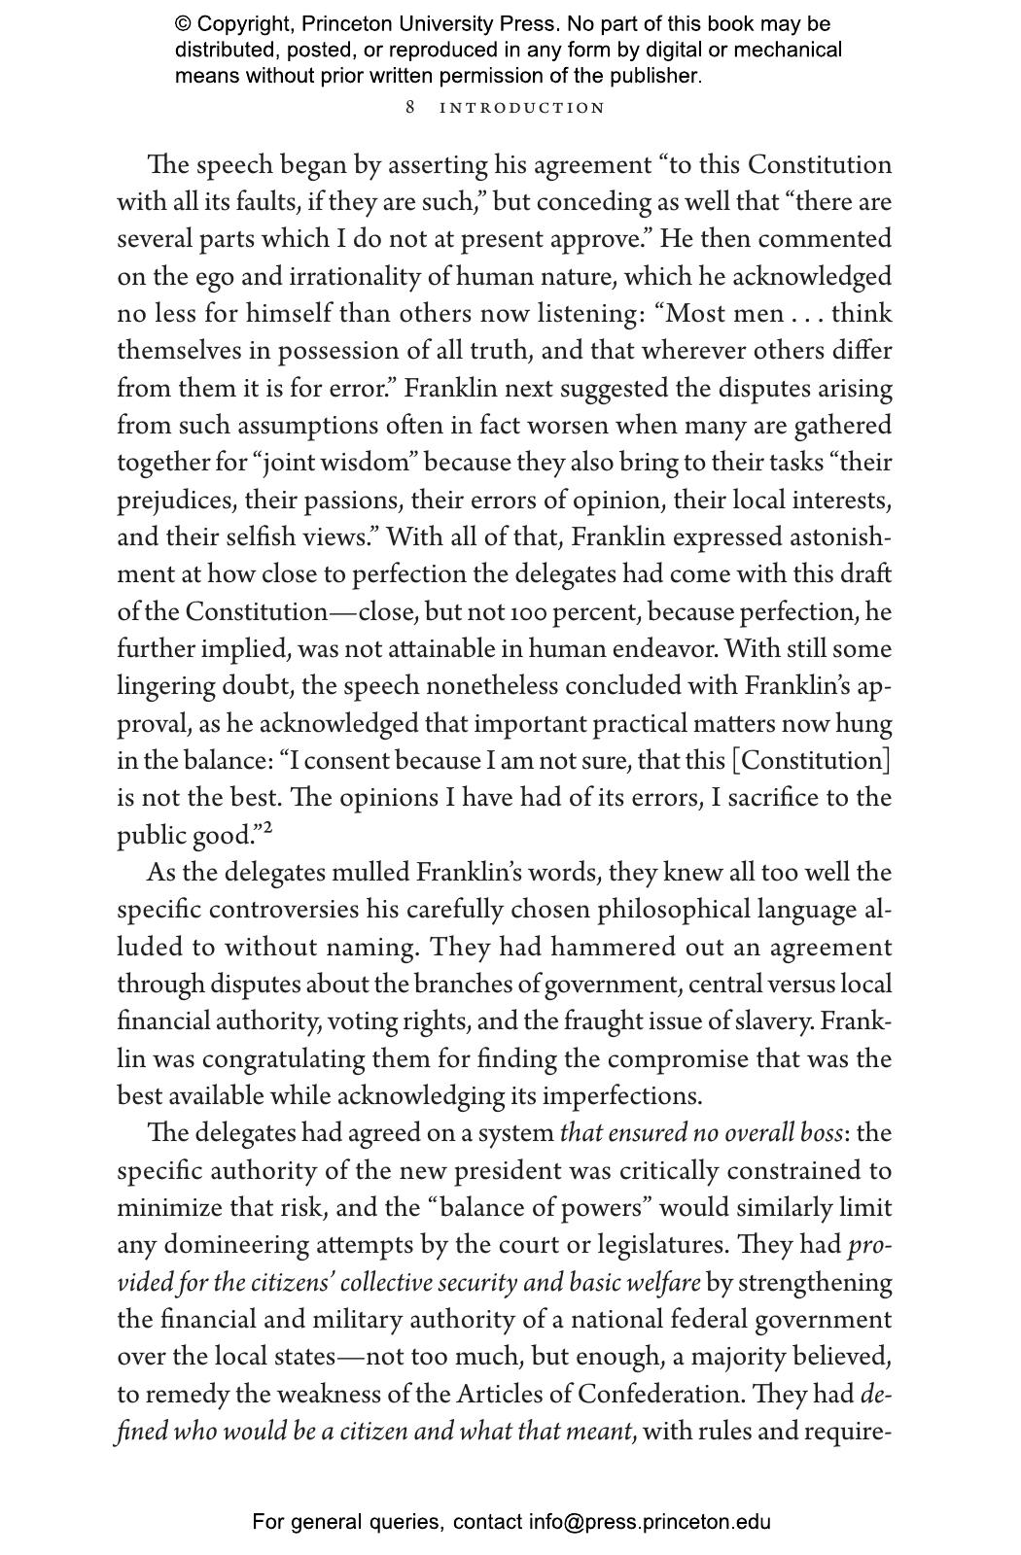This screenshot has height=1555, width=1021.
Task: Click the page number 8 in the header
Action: (410, 107)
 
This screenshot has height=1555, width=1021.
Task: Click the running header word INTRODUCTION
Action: (522, 108)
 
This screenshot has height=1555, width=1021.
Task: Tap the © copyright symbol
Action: (182, 24)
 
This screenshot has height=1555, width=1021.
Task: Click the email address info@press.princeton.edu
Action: (650, 1522)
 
